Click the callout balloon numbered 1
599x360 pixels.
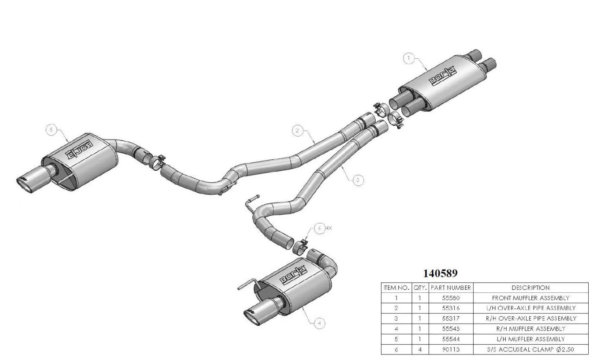(x=409, y=59)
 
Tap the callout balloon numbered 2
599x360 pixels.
(x=297, y=131)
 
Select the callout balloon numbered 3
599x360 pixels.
(x=358, y=180)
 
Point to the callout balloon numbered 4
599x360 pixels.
(x=319, y=323)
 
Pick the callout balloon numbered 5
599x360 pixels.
(x=51, y=130)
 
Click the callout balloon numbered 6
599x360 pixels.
(x=319, y=229)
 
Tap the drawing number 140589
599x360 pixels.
(x=440, y=273)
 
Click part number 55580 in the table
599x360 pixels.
(x=451, y=298)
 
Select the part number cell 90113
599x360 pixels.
(x=451, y=349)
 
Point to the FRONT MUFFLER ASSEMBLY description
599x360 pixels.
(x=531, y=298)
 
